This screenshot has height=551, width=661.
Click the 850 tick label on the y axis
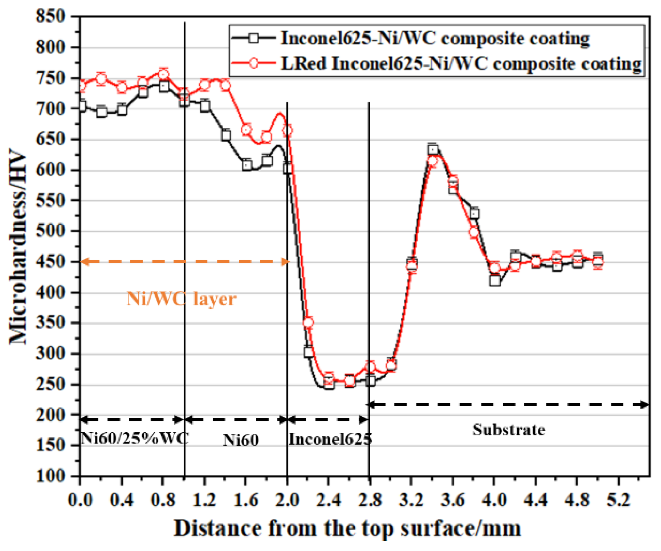coord(50,16)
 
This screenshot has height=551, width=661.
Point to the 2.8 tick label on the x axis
coord(370,500)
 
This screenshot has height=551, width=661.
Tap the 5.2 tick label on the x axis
coord(618,500)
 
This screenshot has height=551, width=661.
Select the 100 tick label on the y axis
coord(50,476)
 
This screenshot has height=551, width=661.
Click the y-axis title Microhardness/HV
coord(18,247)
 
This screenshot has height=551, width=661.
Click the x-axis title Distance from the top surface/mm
coord(347,529)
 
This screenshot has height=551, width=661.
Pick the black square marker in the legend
coord(254,38)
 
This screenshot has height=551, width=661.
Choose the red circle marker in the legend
coord(254,63)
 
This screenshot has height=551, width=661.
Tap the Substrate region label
coord(509,430)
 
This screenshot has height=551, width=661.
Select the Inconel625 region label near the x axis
coord(330,440)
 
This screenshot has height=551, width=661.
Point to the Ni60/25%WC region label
coord(134,438)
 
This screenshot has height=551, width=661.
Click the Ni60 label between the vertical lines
coord(241,440)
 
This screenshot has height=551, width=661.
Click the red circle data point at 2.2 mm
coord(308,323)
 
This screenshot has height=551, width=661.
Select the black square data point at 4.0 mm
coord(495,281)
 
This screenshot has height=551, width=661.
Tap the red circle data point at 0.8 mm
coord(163,75)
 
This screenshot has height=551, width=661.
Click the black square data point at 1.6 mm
coord(247,165)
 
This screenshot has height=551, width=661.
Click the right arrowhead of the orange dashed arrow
coord(286,261)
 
